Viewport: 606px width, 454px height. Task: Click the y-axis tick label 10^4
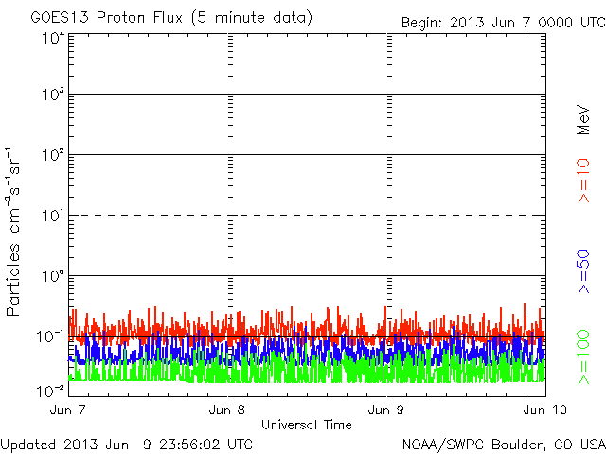(x=53, y=37)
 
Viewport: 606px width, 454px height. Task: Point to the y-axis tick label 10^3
(x=53, y=95)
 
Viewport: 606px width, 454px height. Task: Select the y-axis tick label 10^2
(x=53, y=155)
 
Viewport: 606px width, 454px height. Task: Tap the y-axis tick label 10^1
(x=53, y=216)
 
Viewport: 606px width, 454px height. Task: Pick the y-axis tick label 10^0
(x=53, y=276)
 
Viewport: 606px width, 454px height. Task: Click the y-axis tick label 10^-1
(x=52, y=337)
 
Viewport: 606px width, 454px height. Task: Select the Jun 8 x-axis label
(x=228, y=410)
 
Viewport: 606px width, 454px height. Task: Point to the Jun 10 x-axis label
(x=542, y=410)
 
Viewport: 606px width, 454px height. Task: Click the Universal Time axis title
(x=306, y=425)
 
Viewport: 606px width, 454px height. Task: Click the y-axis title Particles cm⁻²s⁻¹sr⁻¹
(x=16, y=232)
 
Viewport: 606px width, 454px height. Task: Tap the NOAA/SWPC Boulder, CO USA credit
(x=503, y=444)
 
